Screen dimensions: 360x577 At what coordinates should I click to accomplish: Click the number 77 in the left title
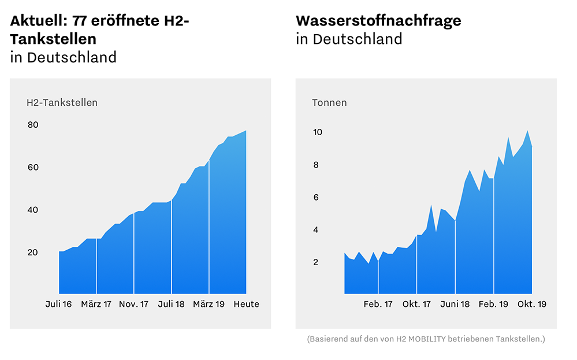point(81,21)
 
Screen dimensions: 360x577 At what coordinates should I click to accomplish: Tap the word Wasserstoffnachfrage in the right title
point(378,21)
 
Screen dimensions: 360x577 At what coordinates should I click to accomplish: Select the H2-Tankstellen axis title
point(62,103)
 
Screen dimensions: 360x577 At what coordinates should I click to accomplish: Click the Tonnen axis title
point(329,103)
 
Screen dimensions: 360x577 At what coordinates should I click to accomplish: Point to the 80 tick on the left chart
point(32,125)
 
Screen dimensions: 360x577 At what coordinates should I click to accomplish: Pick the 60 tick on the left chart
point(32,168)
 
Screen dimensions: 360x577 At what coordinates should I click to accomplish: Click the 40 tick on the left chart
point(32,210)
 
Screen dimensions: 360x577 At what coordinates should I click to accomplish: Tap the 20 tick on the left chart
point(32,253)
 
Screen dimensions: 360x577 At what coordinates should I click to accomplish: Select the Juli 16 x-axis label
point(58,304)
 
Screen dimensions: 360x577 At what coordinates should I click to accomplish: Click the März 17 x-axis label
point(96,304)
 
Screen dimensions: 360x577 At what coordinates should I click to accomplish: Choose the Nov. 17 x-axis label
point(133,304)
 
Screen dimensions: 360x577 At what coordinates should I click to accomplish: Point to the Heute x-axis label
point(246,304)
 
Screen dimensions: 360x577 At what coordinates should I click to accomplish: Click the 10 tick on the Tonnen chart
point(317,132)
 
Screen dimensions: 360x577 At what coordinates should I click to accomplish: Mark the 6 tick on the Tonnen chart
point(317,198)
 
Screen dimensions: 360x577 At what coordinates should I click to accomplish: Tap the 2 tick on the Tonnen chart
point(317,262)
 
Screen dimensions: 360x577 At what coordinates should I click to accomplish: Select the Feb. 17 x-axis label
point(378,304)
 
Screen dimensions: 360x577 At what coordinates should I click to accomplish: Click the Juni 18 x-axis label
point(455,304)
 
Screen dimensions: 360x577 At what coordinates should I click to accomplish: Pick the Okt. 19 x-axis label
point(531,304)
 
